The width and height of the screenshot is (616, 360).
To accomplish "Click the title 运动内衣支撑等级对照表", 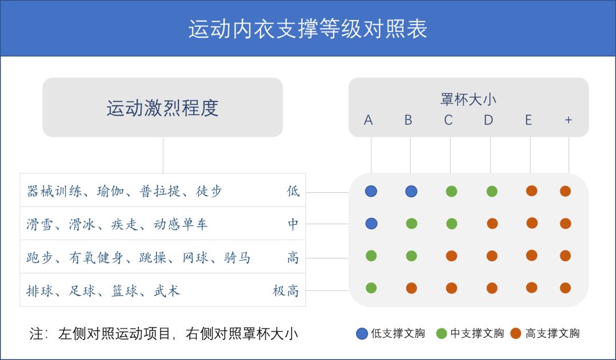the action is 307,29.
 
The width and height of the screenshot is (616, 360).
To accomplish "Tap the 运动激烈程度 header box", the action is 163,107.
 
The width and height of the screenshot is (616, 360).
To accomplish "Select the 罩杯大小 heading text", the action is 468,99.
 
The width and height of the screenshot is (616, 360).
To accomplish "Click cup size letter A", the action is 368,120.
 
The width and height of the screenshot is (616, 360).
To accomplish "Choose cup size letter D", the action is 488,120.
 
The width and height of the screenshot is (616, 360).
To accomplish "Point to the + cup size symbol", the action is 568,120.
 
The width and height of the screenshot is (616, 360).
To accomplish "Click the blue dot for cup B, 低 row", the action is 411,191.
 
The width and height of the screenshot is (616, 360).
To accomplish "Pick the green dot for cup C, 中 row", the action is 451,224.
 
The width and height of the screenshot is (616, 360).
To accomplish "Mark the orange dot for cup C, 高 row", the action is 451,256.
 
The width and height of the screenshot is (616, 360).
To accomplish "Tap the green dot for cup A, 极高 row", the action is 371,288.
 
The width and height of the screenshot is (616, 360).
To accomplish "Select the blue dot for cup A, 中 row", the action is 371,223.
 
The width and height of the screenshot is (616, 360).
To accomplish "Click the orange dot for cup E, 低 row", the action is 532,191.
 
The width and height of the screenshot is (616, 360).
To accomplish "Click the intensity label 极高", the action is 286,291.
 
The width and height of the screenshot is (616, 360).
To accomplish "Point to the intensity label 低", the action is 293,191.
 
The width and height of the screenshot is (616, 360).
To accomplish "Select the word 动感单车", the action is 180,224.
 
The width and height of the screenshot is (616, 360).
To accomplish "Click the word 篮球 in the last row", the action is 125,291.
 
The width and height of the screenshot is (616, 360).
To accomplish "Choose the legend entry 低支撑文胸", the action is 391,333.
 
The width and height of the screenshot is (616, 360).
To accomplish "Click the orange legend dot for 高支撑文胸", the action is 516,333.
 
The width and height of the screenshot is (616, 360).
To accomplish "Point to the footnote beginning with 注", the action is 164,334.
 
